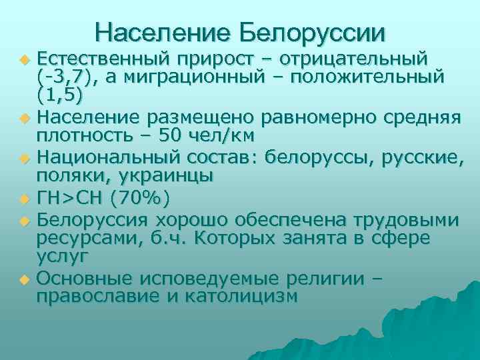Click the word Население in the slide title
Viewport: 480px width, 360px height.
162,31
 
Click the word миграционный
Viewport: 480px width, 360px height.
191,78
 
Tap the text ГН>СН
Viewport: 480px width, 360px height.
71,198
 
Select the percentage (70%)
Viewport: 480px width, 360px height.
140,198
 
